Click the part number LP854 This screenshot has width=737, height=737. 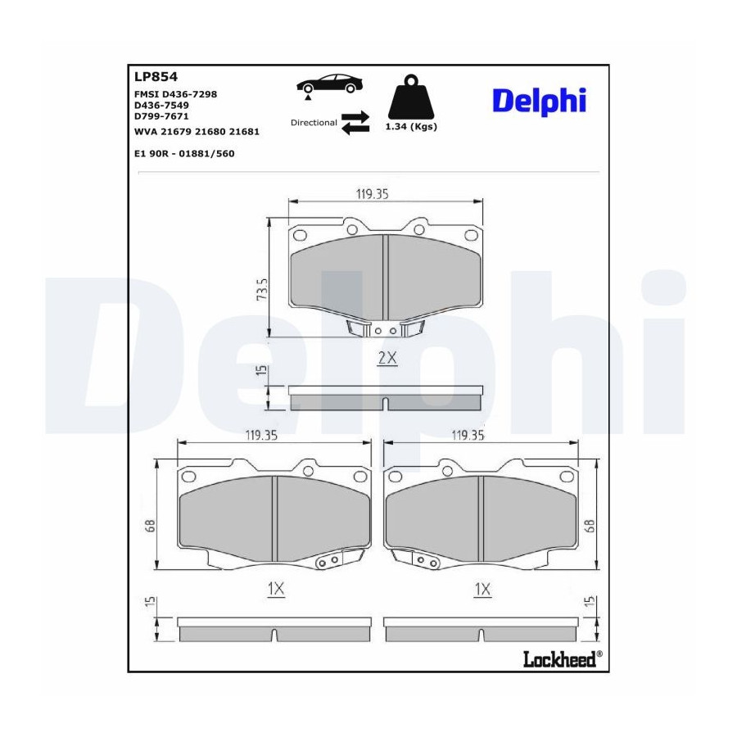[x=156, y=77]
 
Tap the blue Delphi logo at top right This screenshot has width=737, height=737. [x=539, y=101]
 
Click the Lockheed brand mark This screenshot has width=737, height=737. [x=563, y=659]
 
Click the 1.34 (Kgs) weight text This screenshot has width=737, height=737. [x=411, y=126]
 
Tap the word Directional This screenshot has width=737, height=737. [x=314, y=123]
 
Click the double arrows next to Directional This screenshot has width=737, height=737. [x=355, y=123]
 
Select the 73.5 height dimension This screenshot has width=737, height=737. [x=262, y=290]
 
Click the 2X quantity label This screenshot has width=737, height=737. [x=387, y=358]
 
